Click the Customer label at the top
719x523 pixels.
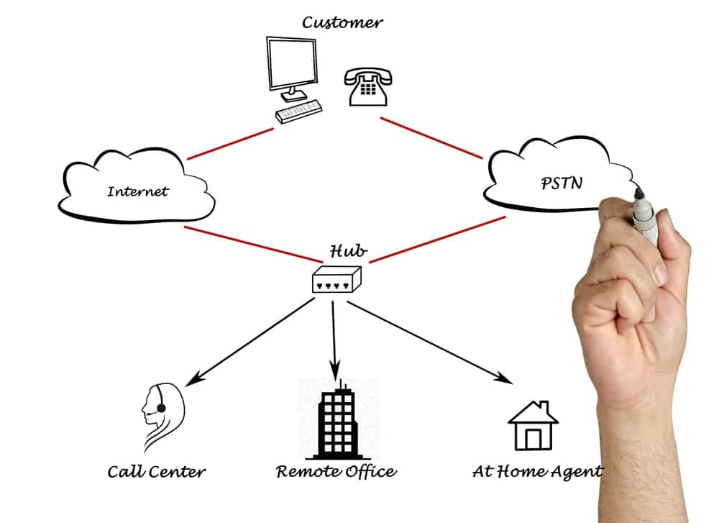click(342, 22)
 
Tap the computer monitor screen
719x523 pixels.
click(293, 63)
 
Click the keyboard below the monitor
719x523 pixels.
click(298, 112)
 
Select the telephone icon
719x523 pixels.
click(367, 87)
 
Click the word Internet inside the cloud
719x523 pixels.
click(137, 191)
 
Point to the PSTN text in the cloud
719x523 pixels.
click(562, 183)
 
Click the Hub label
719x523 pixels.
click(349, 251)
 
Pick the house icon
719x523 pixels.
click(533, 425)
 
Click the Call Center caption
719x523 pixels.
click(156, 472)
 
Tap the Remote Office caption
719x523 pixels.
click(336, 472)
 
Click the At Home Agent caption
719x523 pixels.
click(537, 472)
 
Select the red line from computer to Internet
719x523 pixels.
click(230, 144)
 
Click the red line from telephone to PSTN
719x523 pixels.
click(431, 138)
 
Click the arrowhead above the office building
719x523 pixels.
click(335, 368)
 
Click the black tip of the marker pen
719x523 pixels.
click(638, 193)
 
